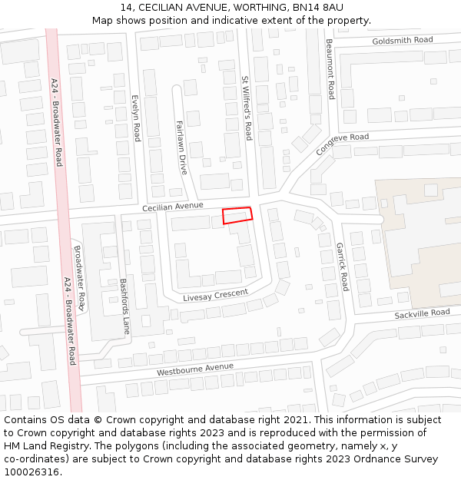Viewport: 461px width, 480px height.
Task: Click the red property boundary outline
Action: click(x=237, y=215)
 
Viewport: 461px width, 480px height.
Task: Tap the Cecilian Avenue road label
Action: click(x=173, y=207)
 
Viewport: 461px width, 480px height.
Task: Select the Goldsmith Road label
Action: click(x=403, y=40)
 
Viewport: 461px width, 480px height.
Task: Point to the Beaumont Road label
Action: click(x=330, y=69)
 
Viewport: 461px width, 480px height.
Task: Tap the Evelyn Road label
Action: click(x=136, y=118)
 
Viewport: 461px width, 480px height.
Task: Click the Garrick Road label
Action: click(x=342, y=266)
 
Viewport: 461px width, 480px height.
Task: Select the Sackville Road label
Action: click(x=422, y=313)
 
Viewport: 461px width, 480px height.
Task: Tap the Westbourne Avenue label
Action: click(x=195, y=369)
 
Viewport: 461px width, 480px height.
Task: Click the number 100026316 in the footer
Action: click(x=32, y=472)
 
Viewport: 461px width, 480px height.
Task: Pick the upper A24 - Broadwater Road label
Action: click(x=57, y=121)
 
